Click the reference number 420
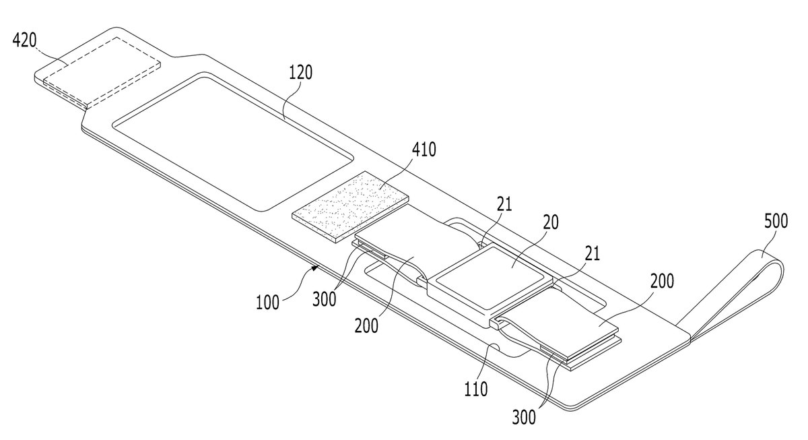click(x=24, y=40)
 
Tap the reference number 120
click(x=300, y=72)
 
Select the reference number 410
click(x=424, y=150)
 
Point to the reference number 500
click(x=776, y=221)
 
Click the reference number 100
click(x=267, y=303)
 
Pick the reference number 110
click(x=476, y=389)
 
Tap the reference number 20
click(x=551, y=222)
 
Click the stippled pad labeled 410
click(x=350, y=207)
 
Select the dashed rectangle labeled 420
click(x=102, y=72)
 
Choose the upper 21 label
click(x=504, y=204)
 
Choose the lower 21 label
click(x=593, y=254)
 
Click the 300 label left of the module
click(x=324, y=299)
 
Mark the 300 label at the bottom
click(x=524, y=418)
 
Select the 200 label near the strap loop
click(x=662, y=281)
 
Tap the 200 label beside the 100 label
click(x=366, y=326)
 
